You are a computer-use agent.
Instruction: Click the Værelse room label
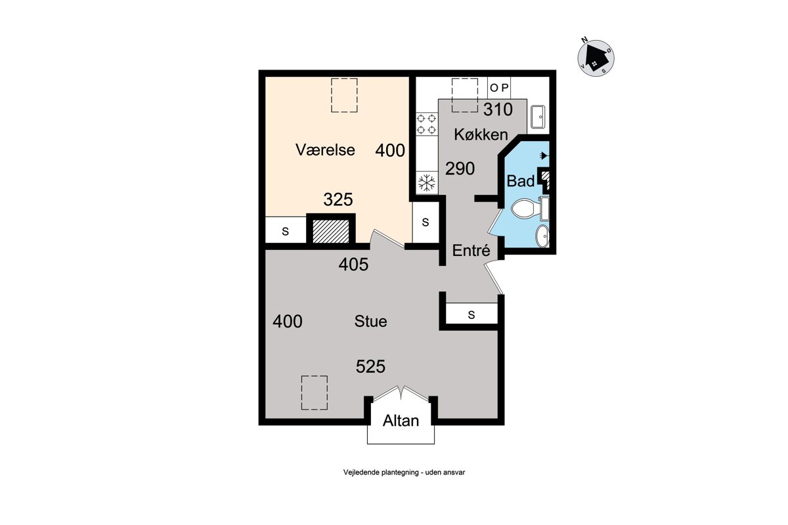(325, 150)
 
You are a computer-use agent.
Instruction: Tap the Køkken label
(481, 135)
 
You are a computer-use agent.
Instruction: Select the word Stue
(371, 322)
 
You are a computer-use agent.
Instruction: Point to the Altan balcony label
(401, 421)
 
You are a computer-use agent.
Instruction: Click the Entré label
(471, 250)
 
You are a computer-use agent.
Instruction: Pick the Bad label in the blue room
(521, 181)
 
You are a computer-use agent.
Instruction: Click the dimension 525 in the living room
(370, 366)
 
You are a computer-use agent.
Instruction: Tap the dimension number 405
(353, 264)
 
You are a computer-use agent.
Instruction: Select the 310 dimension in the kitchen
(498, 110)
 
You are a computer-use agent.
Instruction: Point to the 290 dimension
(460, 169)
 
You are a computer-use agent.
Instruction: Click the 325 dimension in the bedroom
(338, 199)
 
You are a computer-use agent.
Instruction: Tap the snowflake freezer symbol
(427, 183)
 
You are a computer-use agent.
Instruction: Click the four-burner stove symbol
(426, 124)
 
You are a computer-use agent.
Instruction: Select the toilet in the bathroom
(529, 209)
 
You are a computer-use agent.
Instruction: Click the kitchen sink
(538, 117)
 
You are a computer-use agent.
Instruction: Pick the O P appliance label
(499, 88)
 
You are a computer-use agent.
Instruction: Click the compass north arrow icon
(596, 58)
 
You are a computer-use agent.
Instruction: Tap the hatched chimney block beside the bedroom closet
(331, 232)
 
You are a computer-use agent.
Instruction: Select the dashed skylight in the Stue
(314, 393)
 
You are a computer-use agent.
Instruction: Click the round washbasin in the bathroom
(542, 236)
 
